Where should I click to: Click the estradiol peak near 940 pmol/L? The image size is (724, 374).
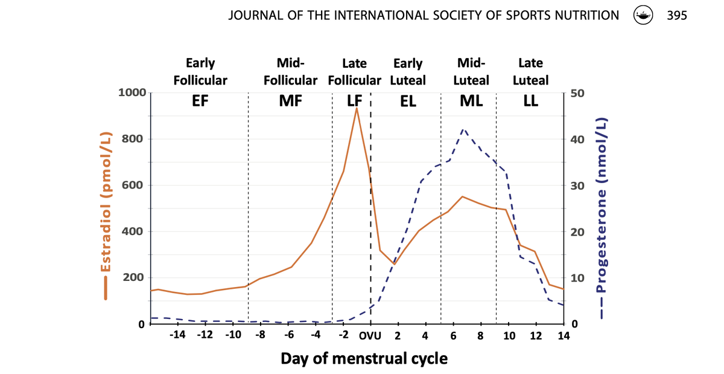pyautogui.click(x=357, y=108)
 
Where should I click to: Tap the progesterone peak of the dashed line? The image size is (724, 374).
pyautogui.click(x=463, y=129)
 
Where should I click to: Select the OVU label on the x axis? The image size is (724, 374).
pyautogui.click(x=370, y=335)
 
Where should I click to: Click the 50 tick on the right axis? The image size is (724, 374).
pyautogui.click(x=577, y=93)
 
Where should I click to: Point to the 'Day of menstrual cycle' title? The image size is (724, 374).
pyautogui.click(x=364, y=358)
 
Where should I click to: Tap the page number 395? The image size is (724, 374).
pyautogui.click(x=677, y=16)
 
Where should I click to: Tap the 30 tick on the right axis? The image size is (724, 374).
pyautogui.click(x=577, y=185)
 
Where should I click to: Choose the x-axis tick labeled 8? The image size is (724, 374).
pyautogui.click(x=481, y=335)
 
